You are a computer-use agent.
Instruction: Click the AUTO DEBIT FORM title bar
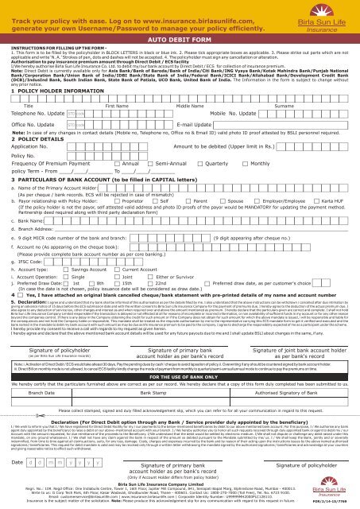[180, 37]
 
